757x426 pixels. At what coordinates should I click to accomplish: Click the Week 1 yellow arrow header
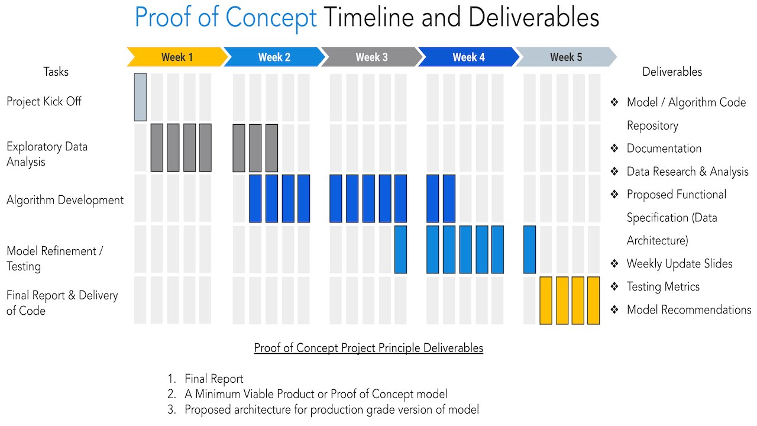coord(177,57)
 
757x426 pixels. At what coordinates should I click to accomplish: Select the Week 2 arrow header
coord(274,57)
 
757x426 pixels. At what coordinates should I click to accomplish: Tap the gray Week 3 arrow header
coord(371,57)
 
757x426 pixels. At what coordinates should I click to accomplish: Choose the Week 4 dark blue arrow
coord(468,57)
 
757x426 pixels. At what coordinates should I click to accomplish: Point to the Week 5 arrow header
coord(565,57)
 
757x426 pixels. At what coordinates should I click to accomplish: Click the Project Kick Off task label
coord(44,101)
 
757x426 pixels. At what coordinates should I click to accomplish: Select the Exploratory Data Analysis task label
coord(47,154)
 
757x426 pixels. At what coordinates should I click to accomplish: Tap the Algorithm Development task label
coord(65,200)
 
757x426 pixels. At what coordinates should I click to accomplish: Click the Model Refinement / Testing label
coord(54,259)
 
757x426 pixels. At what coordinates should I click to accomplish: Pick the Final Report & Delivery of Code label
coord(62,303)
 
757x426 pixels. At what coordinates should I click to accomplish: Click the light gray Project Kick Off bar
coord(140,97)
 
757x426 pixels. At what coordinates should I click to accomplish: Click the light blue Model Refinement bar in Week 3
coord(400,249)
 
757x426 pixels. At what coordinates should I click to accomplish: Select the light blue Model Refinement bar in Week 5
coord(529,249)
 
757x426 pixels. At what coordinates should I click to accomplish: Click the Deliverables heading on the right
coord(672,72)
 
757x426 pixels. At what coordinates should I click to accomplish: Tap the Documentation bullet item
coord(664,149)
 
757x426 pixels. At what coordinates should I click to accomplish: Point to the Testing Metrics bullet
coord(662,287)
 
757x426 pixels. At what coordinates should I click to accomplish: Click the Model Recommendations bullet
coord(688,310)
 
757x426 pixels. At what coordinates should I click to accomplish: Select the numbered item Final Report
coord(213,379)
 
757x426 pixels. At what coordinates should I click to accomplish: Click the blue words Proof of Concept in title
coord(226,18)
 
